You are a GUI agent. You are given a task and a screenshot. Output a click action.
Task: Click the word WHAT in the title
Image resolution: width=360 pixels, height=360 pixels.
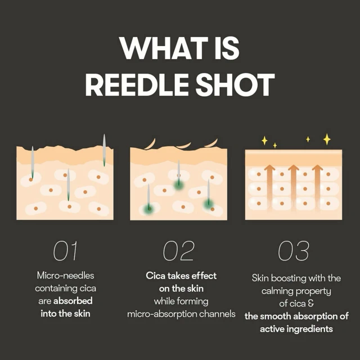pyautogui.click(x=163, y=48)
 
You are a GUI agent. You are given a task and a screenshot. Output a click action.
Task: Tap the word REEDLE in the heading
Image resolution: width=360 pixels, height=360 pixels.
pyautogui.click(x=137, y=84)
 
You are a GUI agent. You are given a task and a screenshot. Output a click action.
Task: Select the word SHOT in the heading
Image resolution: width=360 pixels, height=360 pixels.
pyautogui.click(x=235, y=84)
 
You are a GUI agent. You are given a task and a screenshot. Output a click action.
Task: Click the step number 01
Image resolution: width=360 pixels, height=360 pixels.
pyautogui.click(x=65, y=251)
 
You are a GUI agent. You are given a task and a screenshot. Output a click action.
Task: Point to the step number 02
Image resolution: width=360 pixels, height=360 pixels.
pyautogui.click(x=178, y=251)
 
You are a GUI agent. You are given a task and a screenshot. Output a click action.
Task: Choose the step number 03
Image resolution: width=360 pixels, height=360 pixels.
pyautogui.click(x=294, y=251)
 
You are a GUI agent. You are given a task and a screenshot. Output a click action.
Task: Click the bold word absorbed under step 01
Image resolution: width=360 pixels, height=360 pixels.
pyautogui.click(x=73, y=301)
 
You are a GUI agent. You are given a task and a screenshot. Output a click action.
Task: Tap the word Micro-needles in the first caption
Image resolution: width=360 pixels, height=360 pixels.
pyautogui.click(x=65, y=276)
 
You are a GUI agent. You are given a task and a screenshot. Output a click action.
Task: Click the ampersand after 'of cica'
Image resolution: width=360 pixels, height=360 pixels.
pyautogui.click(x=311, y=304)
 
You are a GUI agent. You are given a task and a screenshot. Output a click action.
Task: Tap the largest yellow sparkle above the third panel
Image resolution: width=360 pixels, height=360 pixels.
pyautogui.click(x=327, y=139)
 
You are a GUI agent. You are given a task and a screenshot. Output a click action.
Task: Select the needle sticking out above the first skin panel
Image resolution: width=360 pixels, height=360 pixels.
pyautogui.click(x=104, y=150)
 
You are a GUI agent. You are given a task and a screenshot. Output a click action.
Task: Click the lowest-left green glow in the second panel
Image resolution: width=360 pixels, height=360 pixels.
pyautogui.click(x=148, y=209)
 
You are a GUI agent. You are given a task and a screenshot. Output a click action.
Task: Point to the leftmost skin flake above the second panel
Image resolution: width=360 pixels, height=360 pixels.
pyautogui.click(x=151, y=144)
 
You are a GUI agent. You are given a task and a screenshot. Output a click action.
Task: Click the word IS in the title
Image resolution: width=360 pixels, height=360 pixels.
pyautogui.click(x=227, y=48)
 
